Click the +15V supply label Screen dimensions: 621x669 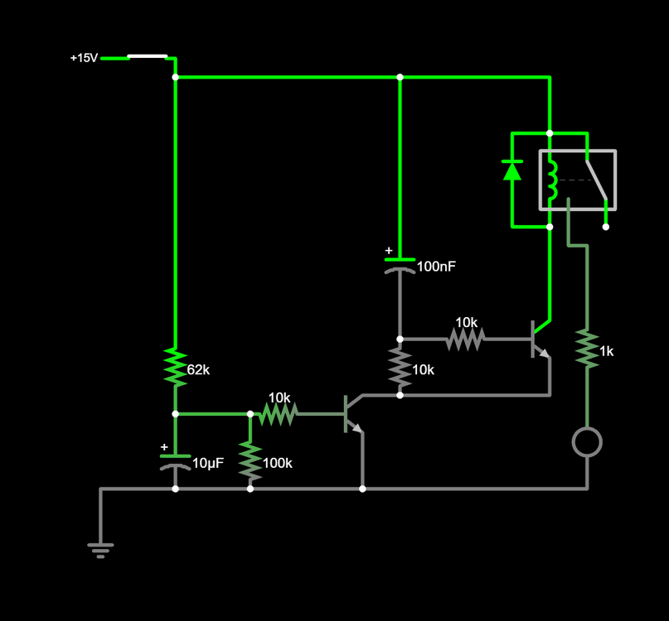tap(84, 58)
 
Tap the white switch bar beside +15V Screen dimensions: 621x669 tap(148, 56)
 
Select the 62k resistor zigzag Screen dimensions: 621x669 tap(175, 367)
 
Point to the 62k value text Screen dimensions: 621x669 tap(199, 370)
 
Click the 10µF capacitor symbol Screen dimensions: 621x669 tap(175, 461)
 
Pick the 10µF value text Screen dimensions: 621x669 tap(208, 464)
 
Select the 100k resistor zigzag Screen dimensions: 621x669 tap(250, 461)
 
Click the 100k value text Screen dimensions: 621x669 tap(278, 464)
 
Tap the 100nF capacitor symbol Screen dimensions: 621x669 tap(400, 265)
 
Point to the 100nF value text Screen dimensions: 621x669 tap(436, 267)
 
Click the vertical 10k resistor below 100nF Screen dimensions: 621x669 tap(400, 368)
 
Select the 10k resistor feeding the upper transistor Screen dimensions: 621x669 tap(466, 339)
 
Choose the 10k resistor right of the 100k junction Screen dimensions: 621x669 tap(279, 413)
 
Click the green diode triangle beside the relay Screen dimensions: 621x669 tap(512, 171)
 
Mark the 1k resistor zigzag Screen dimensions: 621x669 tap(587, 349)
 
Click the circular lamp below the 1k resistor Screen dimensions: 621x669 tap(587, 442)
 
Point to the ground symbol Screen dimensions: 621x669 tap(100, 549)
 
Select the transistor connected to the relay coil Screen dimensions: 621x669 tap(540, 339)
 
